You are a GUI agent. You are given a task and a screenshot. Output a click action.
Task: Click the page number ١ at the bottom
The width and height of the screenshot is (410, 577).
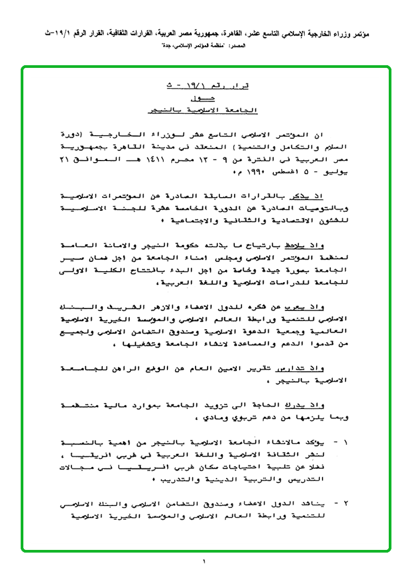click(x=204, y=561)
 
